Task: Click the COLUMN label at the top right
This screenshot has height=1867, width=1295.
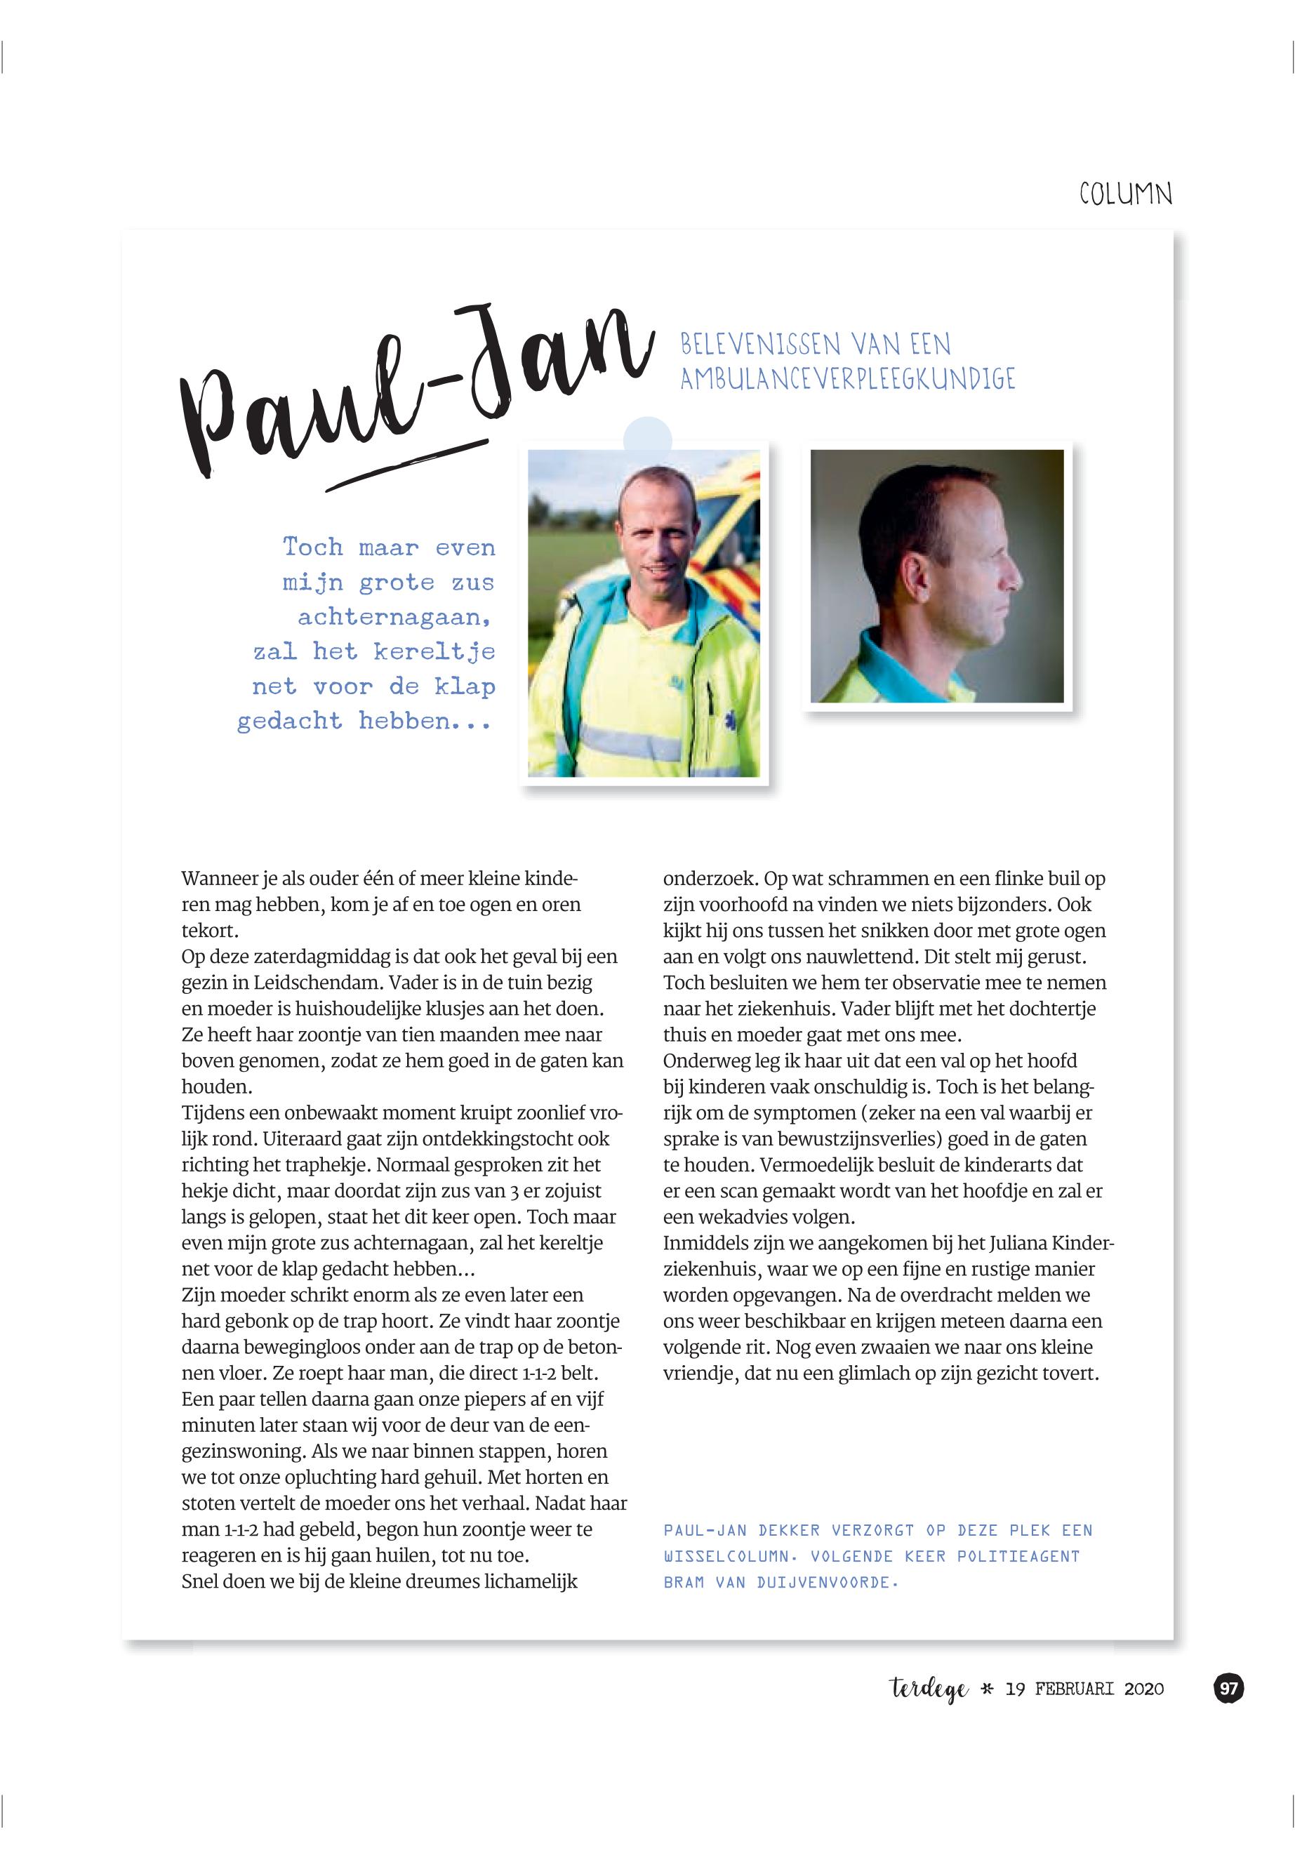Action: (1125, 194)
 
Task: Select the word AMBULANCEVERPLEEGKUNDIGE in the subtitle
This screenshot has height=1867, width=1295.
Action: (847, 379)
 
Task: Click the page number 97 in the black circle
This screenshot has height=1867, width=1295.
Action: (1228, 1689)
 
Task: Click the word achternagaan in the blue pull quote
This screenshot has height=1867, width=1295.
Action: (394, 618)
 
